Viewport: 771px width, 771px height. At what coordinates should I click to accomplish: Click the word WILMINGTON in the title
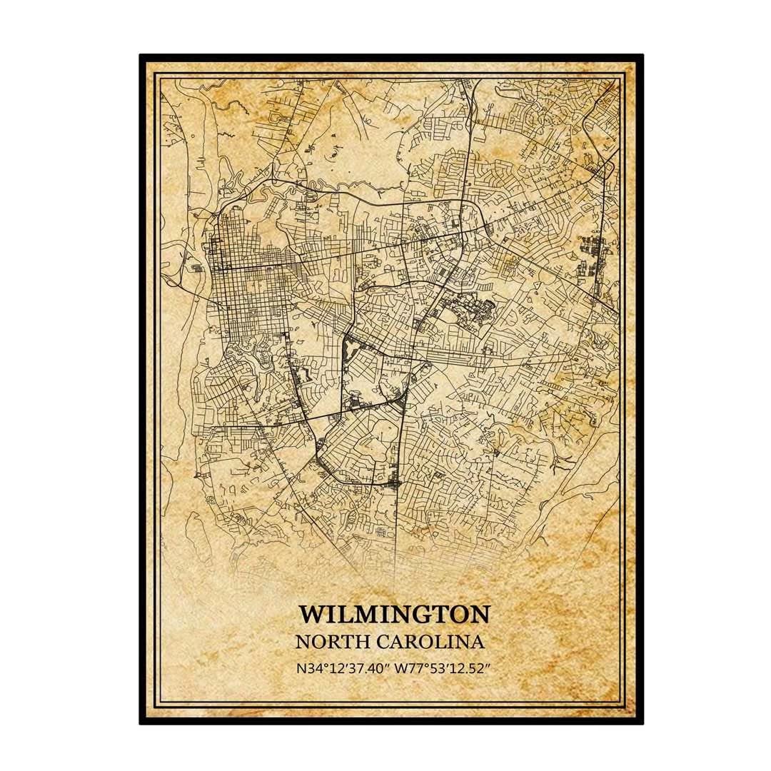[394, 614]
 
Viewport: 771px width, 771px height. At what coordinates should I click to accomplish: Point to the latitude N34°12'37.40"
[345, 669]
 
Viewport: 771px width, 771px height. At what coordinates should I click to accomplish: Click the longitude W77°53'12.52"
[447, 669]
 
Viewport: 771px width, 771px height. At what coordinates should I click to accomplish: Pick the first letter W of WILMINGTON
[312, 614]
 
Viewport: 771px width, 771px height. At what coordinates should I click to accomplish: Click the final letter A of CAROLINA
[478, 641]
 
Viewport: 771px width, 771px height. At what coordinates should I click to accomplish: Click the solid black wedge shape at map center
[351, 351]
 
